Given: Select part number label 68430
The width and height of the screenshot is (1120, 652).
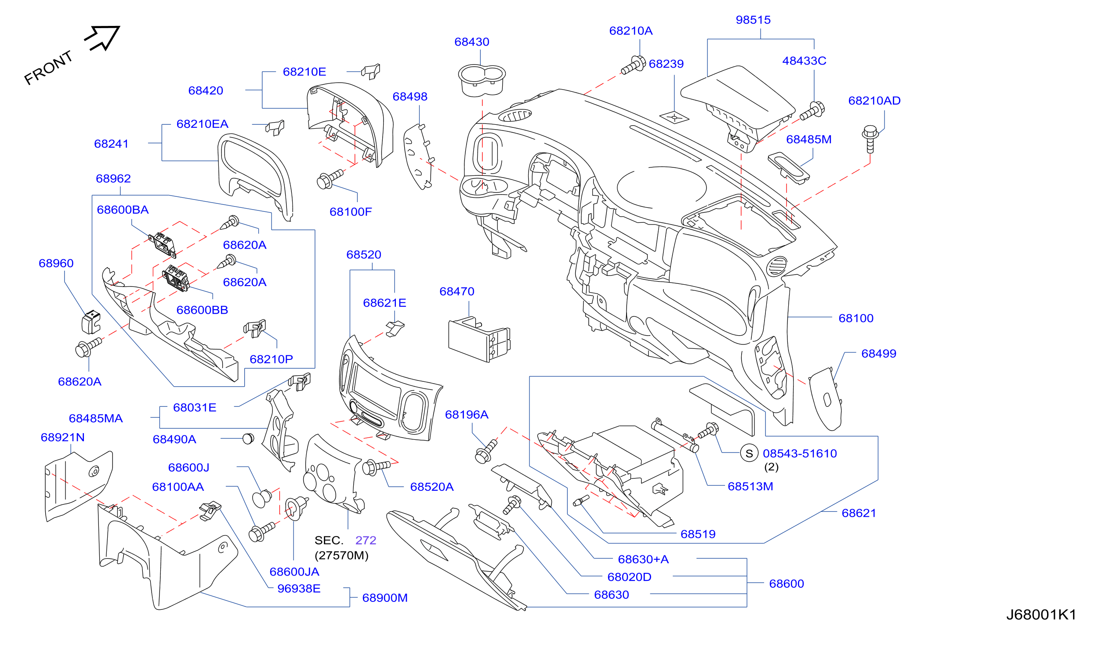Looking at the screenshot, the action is point(471,42).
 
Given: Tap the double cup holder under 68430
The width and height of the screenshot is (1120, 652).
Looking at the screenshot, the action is point(482,80).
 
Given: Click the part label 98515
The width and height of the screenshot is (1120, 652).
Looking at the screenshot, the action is point(754,20).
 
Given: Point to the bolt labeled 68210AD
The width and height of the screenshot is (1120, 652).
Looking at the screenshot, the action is point(870,139).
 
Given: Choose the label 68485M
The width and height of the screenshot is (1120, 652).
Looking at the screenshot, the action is point(809,140).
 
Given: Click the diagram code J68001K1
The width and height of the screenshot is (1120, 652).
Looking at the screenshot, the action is point(1041,615).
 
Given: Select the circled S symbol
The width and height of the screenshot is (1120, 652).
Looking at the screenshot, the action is point(749,454).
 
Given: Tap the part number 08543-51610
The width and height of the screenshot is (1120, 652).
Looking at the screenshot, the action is point(800,454).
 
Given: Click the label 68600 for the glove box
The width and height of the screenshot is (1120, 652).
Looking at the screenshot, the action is point(787,584).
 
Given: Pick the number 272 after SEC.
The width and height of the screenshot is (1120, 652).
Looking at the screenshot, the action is point(366,540).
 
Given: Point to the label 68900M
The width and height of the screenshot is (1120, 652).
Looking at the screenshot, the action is point(385,598).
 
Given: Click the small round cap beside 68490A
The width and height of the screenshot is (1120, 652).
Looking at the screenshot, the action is point(248,439).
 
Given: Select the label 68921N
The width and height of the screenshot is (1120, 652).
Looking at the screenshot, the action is point(63,438).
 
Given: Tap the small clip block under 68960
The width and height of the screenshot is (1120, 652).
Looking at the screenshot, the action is point(91,322).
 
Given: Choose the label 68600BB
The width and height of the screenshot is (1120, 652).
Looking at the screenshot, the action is point(202,310).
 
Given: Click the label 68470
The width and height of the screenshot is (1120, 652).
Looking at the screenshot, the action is point(457,292).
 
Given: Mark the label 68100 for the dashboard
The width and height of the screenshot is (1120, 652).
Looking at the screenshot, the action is point(856,319).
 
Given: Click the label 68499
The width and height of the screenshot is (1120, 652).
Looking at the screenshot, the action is point(879,354).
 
